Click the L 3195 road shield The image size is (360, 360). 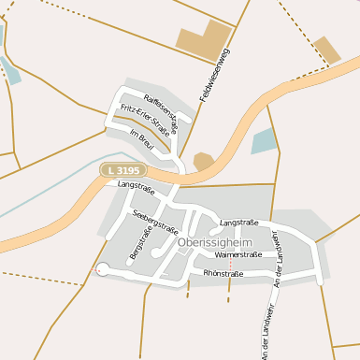pyautogui.click(x=122, y=170)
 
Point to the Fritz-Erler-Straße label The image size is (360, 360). pyautogui.click(x=145, y=122)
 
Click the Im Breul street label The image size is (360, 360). pyautogui.click(x=141, y=141)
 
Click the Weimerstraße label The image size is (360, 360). pyautogui.click(x=238, y=254)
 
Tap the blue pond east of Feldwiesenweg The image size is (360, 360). pyautogui.click(x=265, y=141)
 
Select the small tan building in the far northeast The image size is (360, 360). pyautogui.click(x=327, y=50)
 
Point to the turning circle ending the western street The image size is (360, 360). pyautogui.click(x=101, y=270)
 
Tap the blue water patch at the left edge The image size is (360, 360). pyautogui.click(x=9, y=70)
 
